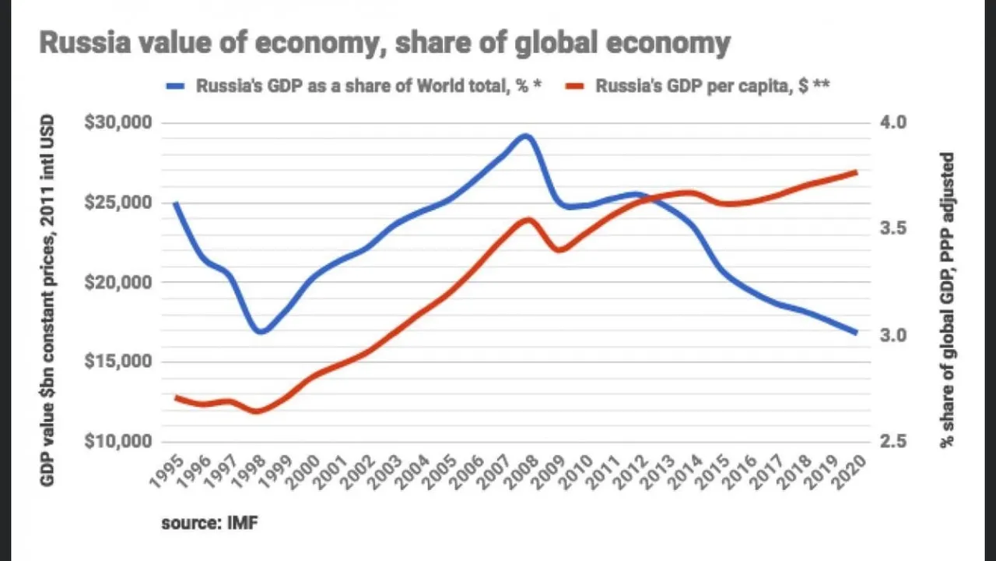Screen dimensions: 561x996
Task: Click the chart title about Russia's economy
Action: (384, 44)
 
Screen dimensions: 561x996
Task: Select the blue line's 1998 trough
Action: (261, 331)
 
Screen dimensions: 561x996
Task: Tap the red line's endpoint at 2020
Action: (856, 172)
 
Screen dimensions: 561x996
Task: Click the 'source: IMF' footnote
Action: (209, 523)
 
